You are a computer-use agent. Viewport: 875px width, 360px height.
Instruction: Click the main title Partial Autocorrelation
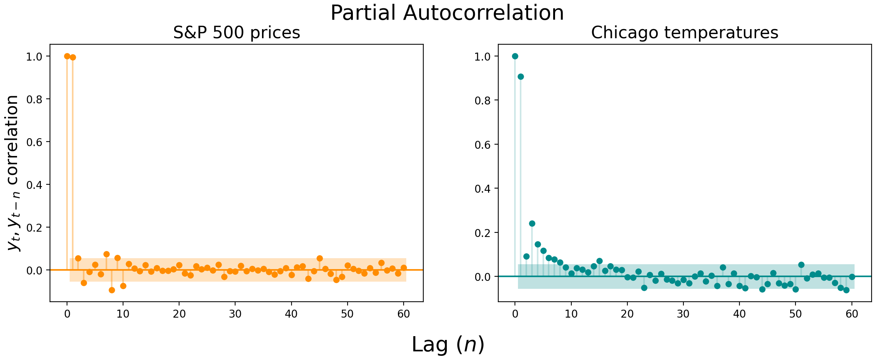(447, 13)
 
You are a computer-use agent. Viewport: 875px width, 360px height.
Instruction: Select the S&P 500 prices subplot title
(237, 33)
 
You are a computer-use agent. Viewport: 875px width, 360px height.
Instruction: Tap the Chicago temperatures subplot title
(685, 33)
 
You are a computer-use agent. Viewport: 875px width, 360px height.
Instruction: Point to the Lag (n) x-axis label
(448, 345)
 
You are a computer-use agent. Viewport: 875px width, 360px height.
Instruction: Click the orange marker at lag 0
(67, 56)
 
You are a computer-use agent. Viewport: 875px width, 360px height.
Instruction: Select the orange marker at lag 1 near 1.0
(73, 57)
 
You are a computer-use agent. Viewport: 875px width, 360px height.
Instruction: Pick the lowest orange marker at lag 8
(112, 290)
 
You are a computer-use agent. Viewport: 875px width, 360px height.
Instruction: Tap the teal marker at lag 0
(515, 56)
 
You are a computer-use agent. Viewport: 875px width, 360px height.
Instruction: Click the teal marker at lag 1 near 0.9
(521, 76)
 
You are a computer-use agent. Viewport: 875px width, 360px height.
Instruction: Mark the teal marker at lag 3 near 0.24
(532, 223)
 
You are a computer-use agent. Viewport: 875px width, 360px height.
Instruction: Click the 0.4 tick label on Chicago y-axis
(482, 189)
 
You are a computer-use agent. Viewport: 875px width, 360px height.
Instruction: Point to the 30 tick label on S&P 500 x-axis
(235, 314)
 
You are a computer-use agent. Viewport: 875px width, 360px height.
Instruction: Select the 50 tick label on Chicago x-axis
(795, 314)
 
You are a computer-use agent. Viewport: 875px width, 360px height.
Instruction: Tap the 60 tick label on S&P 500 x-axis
(404, 314)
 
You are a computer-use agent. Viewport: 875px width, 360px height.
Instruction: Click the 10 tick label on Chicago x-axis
(571, 314)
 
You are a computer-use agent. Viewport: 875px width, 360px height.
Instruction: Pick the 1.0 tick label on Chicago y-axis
(482, 56)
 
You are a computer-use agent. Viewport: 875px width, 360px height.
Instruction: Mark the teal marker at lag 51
(801, 265)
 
